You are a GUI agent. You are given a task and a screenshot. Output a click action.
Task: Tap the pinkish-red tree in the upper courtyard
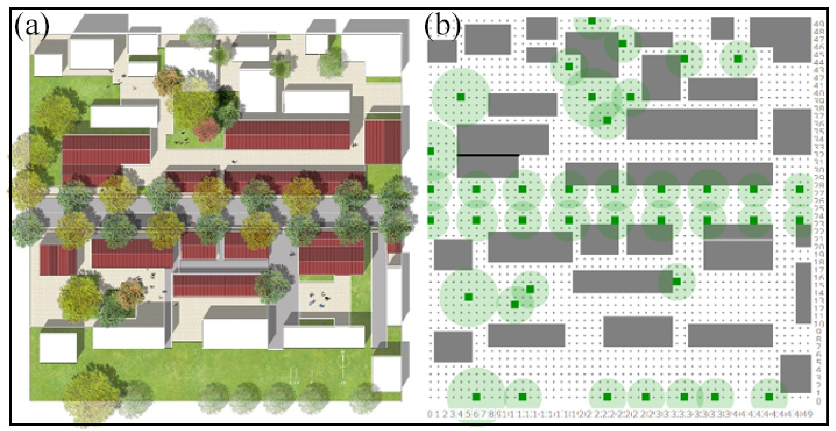coord(207,129)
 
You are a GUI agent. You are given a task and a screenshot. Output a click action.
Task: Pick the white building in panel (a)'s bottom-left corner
coord(58,347)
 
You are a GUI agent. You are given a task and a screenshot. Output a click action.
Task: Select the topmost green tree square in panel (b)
coord(592,21)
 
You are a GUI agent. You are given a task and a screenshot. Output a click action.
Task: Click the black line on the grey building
coord(488,155)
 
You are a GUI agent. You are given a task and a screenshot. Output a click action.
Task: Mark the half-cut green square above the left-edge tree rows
coord(431,151)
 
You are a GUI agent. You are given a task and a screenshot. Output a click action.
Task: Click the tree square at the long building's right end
coord(676,281)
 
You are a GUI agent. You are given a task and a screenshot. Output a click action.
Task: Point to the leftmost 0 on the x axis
coord(430,414)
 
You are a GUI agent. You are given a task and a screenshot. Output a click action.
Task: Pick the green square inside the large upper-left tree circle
coord(460,97)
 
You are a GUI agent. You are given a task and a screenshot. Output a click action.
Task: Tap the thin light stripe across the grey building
coord(738,240)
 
